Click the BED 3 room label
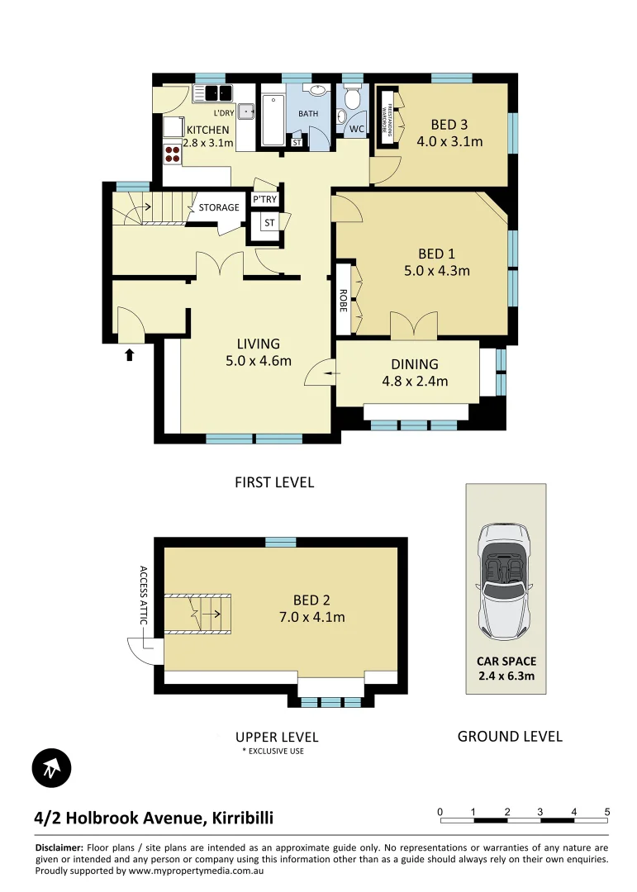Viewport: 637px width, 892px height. click(x=449, y=125)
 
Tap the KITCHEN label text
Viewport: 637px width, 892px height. click(x=207, y=130)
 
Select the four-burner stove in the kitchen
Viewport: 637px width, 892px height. click(x=173, y=153)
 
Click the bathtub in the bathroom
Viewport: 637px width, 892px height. click(x=273, y=121)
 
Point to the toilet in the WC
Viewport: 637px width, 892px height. click(x=352, y=99)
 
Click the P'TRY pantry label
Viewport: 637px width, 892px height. click(x=264, y=200)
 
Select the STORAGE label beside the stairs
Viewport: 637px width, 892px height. click(x=219, y=207)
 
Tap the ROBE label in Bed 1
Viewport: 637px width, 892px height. click(x=344, y=298)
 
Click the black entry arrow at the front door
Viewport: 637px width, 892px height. click(x=129, y=355)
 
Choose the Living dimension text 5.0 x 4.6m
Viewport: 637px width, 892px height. click(x=258, y=360)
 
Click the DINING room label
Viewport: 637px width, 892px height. click(x=415, y=364)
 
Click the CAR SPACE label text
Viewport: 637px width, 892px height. click(x=506, y=661)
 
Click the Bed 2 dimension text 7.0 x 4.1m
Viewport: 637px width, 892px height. click(x=310, y=617)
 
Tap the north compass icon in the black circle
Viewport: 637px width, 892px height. click(x=52, y=768)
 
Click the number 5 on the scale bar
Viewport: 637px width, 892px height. click(x=607, y=810)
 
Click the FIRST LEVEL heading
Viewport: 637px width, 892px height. click(x=274, y=482)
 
